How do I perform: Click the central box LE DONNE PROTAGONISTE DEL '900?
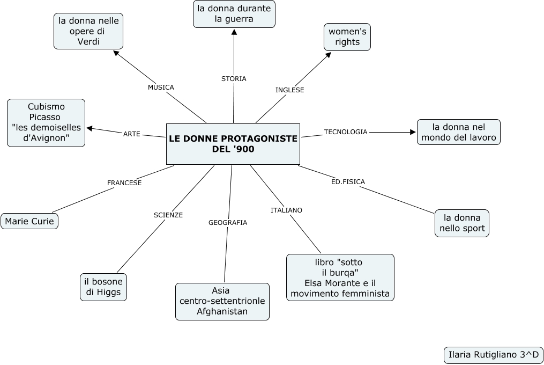233,144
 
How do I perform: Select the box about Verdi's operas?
88,31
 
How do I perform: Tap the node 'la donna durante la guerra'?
234,14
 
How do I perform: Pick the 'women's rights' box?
347,37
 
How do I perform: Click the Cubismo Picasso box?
46,122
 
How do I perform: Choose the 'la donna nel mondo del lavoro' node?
459,132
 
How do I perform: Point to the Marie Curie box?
29,221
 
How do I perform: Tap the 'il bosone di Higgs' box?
103,287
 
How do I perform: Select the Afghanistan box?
222,301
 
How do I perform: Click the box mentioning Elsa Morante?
340,278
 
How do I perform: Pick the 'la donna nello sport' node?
462,223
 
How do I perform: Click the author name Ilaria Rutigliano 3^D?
494,355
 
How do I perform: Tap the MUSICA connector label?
161,87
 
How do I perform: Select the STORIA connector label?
234,79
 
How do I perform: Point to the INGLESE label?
289,90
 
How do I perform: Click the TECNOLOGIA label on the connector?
346,132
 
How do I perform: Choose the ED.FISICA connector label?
348,182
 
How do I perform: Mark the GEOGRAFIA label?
228,222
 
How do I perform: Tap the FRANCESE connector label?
124,183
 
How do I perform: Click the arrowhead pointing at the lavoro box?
413,132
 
